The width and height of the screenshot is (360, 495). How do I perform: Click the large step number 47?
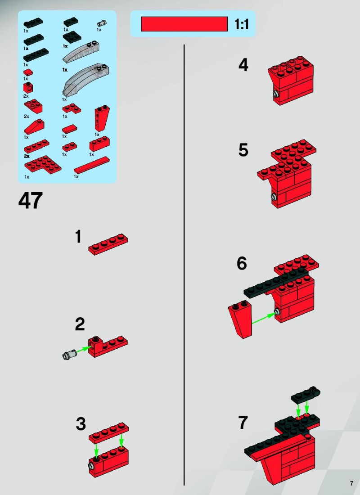[x=31, y=200]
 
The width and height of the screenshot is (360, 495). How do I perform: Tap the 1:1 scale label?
[x=242, y=24]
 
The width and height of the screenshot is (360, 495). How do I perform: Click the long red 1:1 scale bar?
[x=184, y=24]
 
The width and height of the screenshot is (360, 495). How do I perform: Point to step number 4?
[x=243, y=65]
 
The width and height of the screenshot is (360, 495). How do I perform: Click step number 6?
[x=242, y=263]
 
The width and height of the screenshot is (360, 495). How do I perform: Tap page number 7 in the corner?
[x=351, y=483]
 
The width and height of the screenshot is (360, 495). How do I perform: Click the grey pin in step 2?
[x=69, y=355]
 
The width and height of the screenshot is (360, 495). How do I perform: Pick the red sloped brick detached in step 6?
[x=241, y=319]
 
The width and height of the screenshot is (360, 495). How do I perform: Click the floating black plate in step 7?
[x=306, y=395]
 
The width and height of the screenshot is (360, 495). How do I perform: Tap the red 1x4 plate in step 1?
[x=108, y=244]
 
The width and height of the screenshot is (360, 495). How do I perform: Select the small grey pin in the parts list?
[x=102, y=23]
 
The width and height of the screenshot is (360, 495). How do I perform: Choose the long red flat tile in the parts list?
[x=92, y=165]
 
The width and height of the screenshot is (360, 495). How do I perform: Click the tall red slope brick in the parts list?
[x=102, y=118]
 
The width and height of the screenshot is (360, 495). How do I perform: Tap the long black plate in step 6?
[x=275, y=283]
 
